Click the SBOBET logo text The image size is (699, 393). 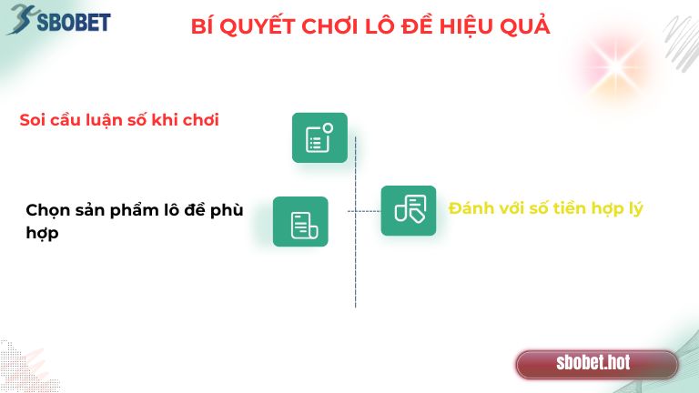[x=73, y=20]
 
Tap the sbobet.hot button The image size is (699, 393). [x=593, y=363]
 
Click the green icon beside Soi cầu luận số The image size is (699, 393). [x=319, y=137]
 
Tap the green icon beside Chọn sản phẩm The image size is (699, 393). [x=300, y=221]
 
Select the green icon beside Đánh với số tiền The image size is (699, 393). [x=408, y=210]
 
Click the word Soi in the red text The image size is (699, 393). [x=32, y=120]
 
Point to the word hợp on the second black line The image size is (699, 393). [x=42, y=234]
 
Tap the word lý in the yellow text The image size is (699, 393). [x=634, y=209]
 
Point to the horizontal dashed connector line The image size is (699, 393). [x=364, y=211]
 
